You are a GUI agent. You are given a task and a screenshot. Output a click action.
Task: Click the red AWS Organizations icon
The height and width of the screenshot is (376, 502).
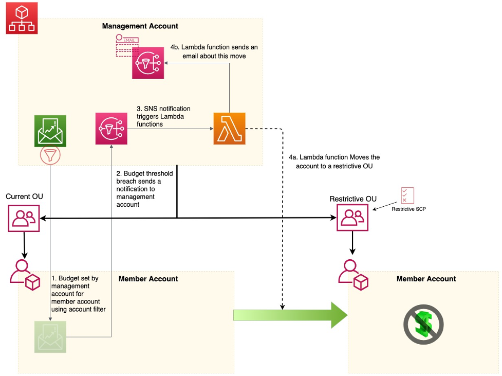click(x=22, y=18)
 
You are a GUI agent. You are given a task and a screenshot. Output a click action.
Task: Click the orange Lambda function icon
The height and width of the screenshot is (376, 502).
click(x=229, y=129)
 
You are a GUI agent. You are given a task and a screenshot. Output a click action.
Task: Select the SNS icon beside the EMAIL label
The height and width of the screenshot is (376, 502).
click(x=147, y=63)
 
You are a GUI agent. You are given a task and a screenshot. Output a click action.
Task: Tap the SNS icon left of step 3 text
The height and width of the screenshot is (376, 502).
click(x=111, y=129)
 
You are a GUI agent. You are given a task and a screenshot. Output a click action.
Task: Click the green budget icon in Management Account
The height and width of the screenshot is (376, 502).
click(x=50, y=131)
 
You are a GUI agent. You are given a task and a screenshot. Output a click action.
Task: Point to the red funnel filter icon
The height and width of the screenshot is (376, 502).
click(x=50, y=155)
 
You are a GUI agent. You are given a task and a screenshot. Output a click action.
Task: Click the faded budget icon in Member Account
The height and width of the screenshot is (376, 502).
click(x=50, y=336)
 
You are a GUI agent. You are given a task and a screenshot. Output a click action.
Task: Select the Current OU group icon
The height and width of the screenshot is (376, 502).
click(x=24, y=218)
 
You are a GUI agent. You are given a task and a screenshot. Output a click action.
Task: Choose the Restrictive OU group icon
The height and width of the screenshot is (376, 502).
click(x=352, y=218)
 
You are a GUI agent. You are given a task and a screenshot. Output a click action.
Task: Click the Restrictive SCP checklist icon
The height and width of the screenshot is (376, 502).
click(x=407, y=195)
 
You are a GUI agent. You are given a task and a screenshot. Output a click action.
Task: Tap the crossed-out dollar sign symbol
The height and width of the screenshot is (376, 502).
click(x=423, y=324)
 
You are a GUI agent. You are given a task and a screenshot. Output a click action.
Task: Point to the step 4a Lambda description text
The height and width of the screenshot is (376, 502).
click(x=338, y=162)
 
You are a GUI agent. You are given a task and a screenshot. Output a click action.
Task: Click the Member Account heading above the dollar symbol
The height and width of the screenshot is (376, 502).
click(x=426, y=279)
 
